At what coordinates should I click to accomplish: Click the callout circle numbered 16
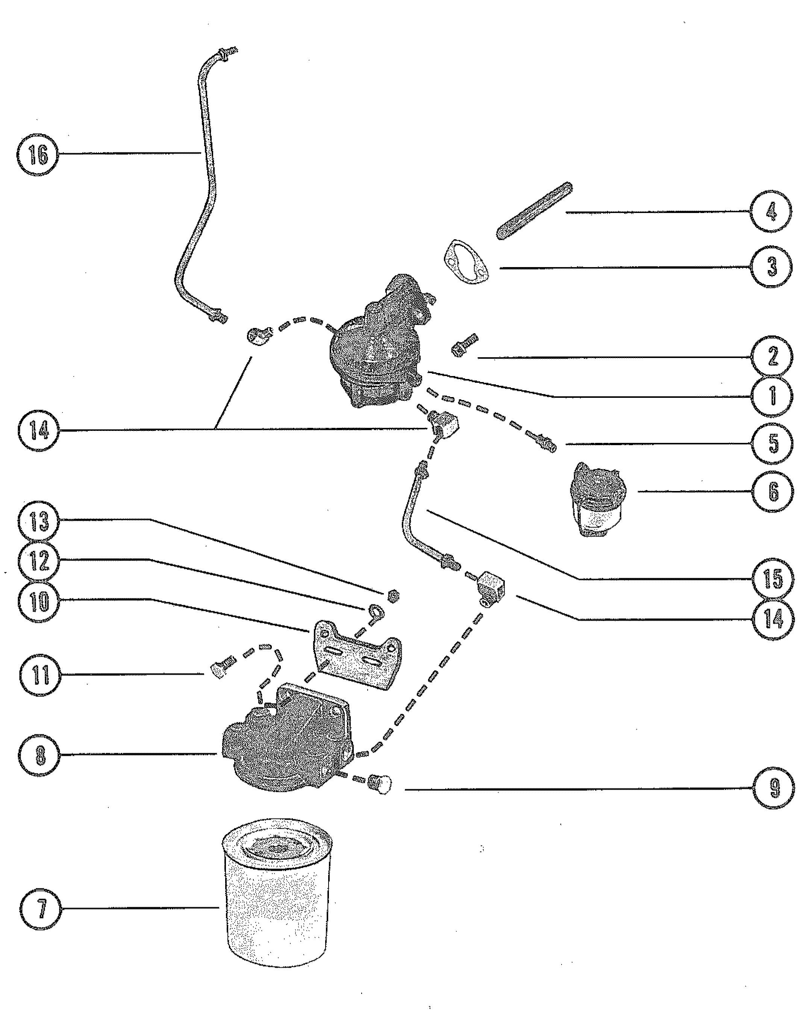click(38, 154)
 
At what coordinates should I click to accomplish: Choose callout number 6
click(773, 491)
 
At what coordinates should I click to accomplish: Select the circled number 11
click(40, 675)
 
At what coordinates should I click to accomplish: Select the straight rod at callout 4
click(535, 211)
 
